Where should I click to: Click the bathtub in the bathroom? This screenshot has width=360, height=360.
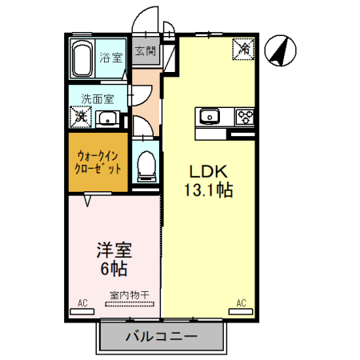pos(83,58)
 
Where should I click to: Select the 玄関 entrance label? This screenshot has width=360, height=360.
pos(145,53)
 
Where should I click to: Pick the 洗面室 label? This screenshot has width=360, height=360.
pos(97,99)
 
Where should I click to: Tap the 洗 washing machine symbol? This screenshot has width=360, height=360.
pos(81,117)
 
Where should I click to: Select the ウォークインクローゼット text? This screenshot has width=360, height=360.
pos(98,162)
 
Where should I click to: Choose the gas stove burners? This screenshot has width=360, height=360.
pos(244,117)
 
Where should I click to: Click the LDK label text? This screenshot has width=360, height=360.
pos(210,172)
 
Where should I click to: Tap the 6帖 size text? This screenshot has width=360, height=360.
pos(112,267)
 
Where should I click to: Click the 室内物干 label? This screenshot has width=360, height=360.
pos(129,295)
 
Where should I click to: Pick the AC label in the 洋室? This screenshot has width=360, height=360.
pos(82,302)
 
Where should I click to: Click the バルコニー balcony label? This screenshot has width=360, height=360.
pos(160,336)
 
